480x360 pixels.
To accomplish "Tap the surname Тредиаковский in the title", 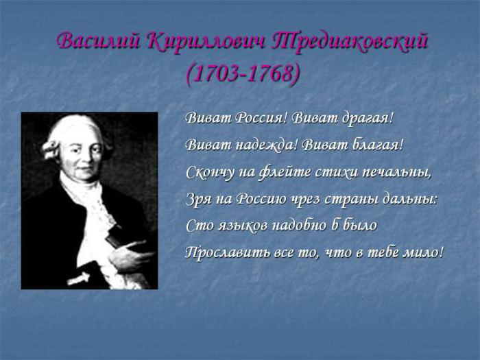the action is (x=349, y=42).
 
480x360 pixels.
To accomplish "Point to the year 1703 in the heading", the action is (x=216, y=74).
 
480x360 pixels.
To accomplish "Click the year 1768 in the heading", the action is (x=269, y=74).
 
